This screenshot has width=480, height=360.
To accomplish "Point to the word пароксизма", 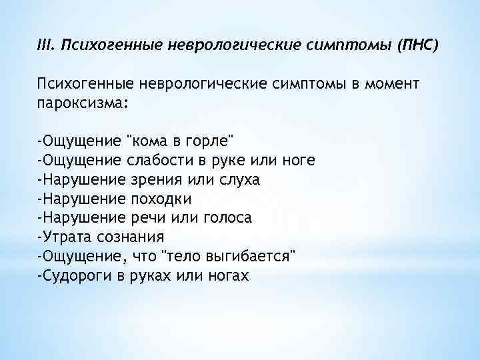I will click(x=79, y=103).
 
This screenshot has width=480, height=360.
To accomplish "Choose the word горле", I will click(x=205, y=141).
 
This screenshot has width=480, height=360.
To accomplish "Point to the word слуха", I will click(x=239, y=180).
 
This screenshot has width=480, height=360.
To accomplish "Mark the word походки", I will click(x=160, y=199).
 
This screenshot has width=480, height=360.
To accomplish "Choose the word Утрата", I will click(x=65, y=237).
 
